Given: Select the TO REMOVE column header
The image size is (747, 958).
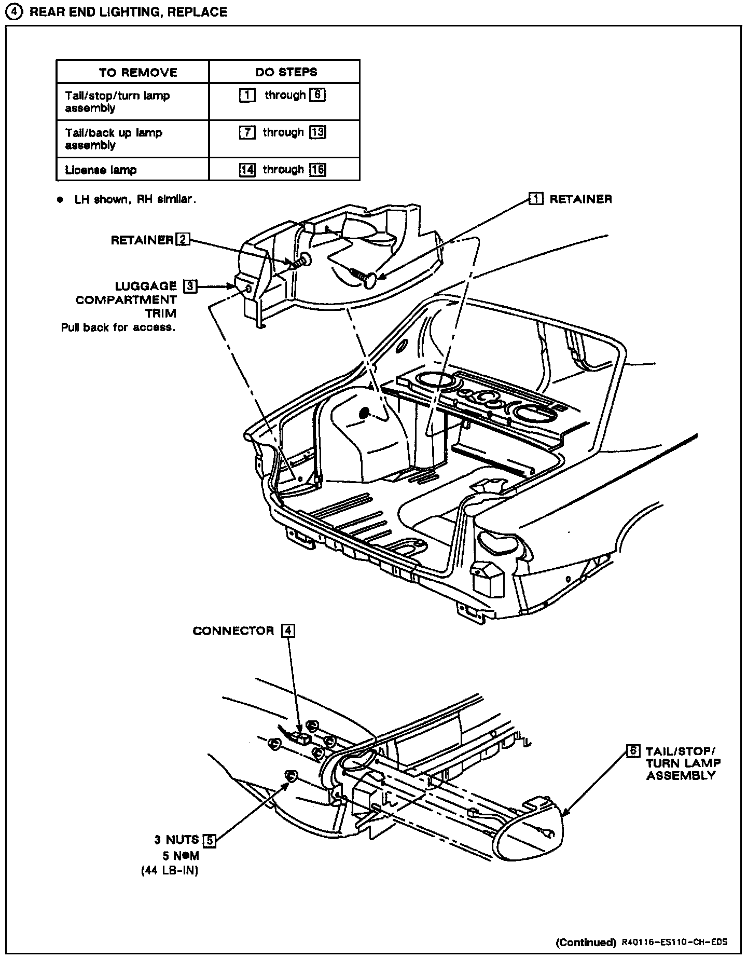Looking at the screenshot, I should [x=138, y=72].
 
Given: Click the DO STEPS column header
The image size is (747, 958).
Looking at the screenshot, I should [x=286, y=72].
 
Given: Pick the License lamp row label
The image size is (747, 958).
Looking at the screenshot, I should [x=101, y=170].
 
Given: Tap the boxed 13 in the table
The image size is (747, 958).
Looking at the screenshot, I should [x=317, y=132].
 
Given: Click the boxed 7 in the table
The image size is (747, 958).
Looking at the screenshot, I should [x=247, y=132].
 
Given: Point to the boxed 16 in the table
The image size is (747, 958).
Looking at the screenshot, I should [x=317, y=170].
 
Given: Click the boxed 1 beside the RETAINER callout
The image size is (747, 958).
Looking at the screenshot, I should [x=536, y=199].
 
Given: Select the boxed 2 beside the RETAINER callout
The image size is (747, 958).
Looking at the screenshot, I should [x=183, y=239].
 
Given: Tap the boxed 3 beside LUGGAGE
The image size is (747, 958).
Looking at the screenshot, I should [x=190, y=286].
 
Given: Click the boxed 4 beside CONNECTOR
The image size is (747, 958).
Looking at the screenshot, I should [x=288, y=631].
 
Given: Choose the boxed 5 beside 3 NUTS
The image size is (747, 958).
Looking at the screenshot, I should [x=209, y=840].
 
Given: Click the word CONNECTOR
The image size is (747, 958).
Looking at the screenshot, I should [x=233, y=631].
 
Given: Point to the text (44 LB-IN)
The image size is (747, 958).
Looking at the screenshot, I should [x=170, y=871].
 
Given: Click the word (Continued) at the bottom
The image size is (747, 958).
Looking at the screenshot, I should [x=585, y=942].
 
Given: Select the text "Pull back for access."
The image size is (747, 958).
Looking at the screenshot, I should [x=118, y=327].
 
